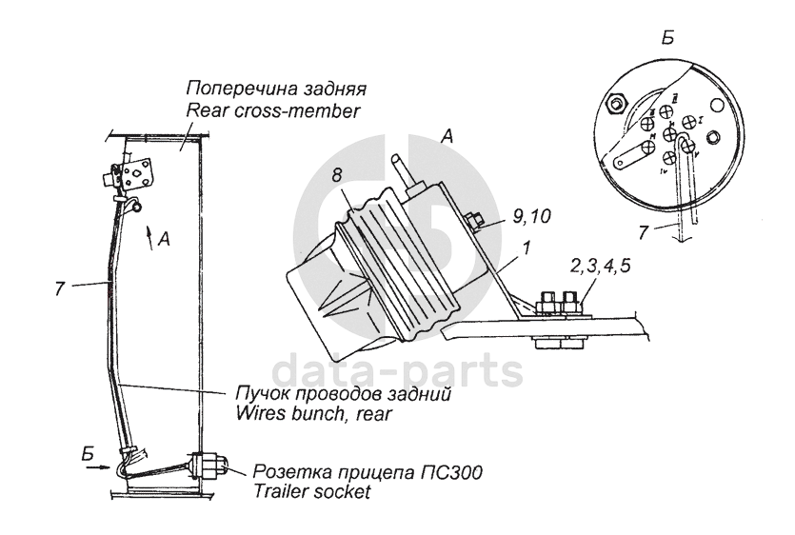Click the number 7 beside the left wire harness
(x=60, y=287)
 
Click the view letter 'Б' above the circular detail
(x=667, y=38)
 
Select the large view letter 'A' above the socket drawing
(x=446, y=137)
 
